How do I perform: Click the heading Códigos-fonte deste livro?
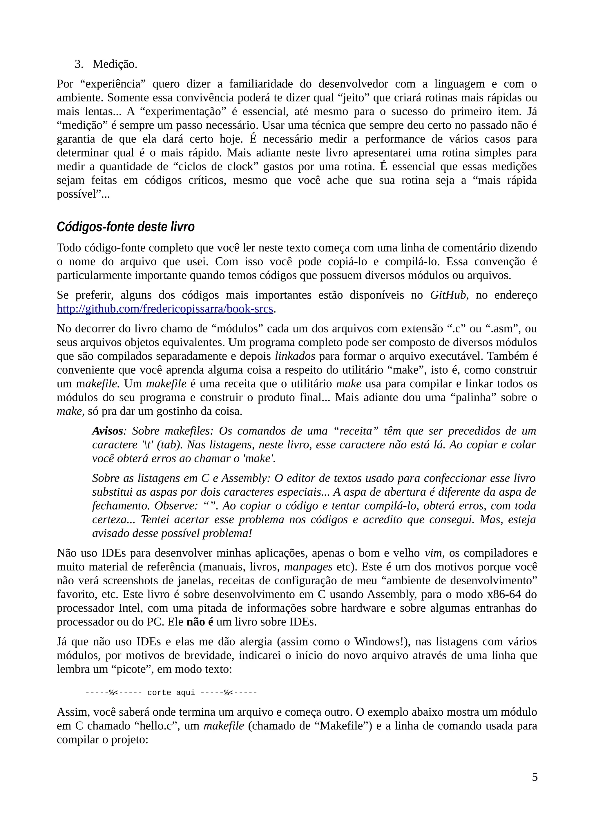[126, 227]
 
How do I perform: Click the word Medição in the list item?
[115, 64]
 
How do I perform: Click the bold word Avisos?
[107, 431]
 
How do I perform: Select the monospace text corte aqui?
[171, 692]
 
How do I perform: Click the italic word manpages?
[308, 567]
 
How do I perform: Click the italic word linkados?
[295, 356]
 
